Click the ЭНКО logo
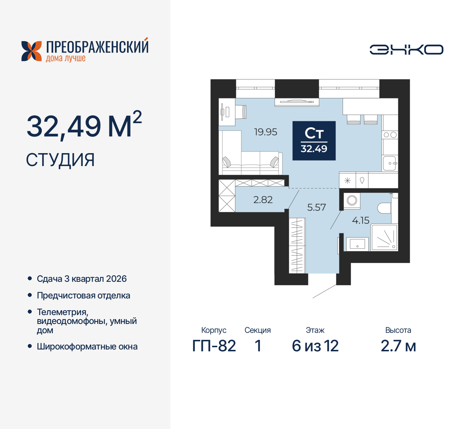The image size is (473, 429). point(406,50)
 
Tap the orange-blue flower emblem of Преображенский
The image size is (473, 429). point(31,51)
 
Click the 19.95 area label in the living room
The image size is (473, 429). point(265,132)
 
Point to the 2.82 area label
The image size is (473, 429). point(263,200)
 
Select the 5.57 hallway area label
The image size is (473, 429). point(316,207)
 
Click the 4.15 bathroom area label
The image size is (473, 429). point(361,220)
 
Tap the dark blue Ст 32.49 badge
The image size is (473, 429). point(314,141)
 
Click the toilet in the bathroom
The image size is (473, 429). point(384,208)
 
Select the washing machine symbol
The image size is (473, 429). point(352,200)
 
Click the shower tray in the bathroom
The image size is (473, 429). point(384,237)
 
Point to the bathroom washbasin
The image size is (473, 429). point(357,244)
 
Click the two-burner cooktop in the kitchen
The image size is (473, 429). point(390,135)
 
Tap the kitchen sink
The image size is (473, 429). point(389,163)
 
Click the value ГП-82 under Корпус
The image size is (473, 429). point(214,346)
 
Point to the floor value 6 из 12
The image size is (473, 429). point(315,346)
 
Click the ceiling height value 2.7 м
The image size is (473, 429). point(398,346)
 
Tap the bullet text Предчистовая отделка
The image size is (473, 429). point(84,295)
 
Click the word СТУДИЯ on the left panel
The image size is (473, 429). point(60,160)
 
